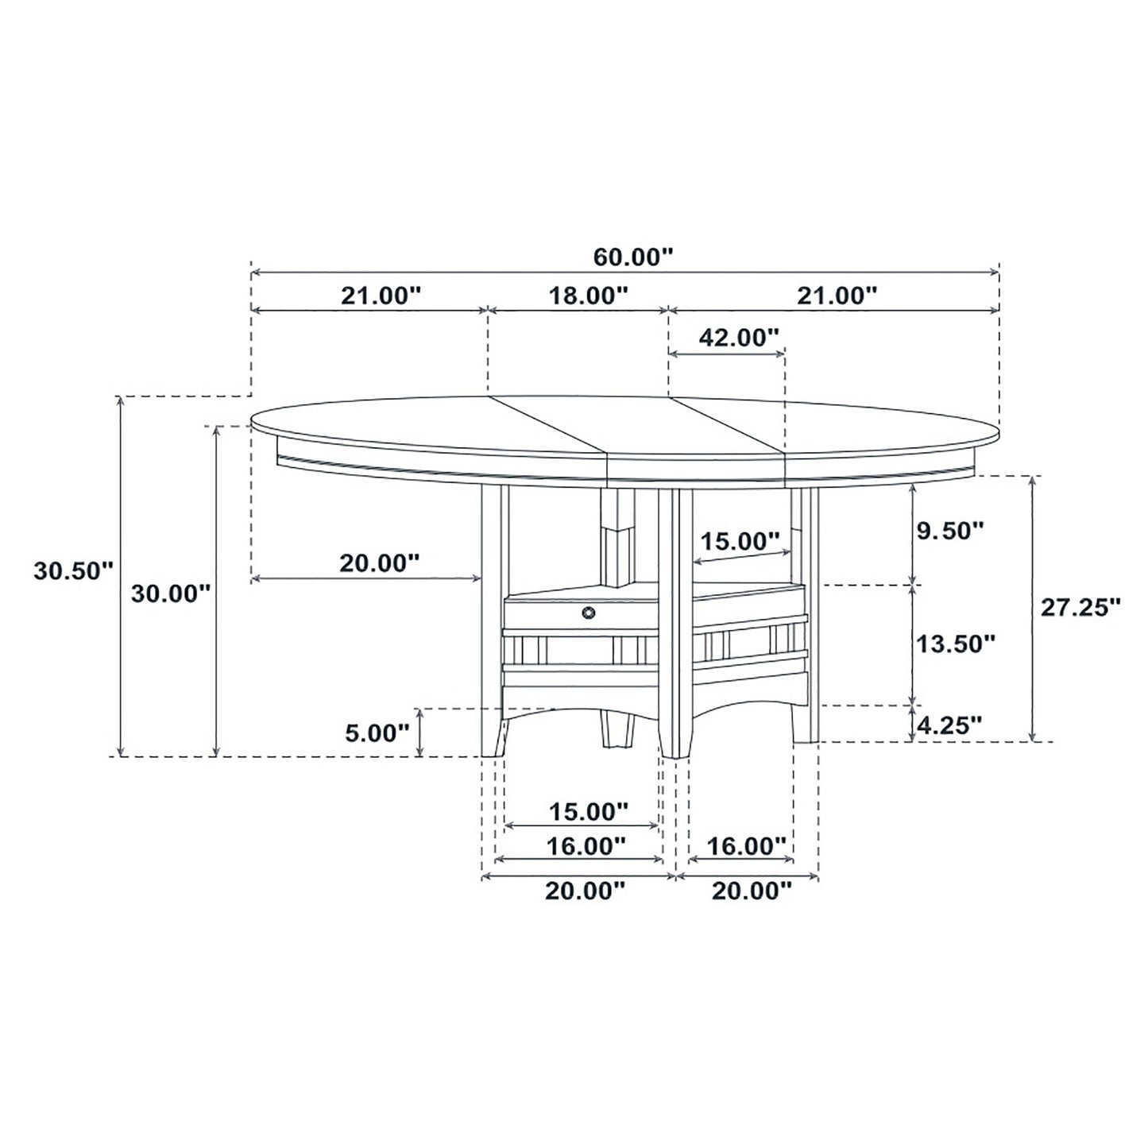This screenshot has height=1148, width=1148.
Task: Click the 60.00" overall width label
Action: click(x=633, y=257)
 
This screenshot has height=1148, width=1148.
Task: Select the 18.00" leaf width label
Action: click(x=588, y=296)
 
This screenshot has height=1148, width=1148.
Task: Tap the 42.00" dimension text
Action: click(x=738, y=338)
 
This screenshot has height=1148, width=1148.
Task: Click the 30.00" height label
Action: click(x=171, y=593)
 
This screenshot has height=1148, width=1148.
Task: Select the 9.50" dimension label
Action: click(x=950, y=531)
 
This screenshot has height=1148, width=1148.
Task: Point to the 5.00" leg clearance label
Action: click(x=377, y=732)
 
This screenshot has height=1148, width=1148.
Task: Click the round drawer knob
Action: click(x=589, y=612)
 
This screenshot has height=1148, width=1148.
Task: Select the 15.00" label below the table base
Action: click(x=588, y=811)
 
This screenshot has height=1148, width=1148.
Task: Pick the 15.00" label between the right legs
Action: click(x=739, y=542)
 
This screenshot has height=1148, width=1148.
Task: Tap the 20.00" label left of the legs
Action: click(x=379, y=563)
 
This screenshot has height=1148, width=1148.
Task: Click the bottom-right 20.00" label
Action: click(x=752, y=891)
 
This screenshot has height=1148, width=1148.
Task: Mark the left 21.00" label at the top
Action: click(x=380, y=296)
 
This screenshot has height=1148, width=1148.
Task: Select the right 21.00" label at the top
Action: click(x=837, y=296)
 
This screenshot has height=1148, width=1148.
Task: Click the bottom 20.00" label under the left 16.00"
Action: click(x=585, y=891)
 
